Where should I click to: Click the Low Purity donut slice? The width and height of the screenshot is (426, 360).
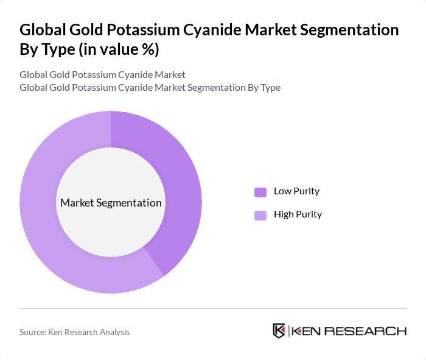point(176,183)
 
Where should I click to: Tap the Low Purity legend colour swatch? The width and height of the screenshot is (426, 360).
point(260,192)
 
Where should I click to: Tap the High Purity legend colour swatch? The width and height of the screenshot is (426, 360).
point(260,215)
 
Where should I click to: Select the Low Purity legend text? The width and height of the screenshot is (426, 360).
point(296,191)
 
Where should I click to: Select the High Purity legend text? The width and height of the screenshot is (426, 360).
point(298,214)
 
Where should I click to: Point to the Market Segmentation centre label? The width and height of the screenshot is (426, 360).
point(111,203)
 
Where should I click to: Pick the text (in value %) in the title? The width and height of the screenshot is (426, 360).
point(119,50)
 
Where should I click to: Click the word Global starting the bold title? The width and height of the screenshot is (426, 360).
point(44,30)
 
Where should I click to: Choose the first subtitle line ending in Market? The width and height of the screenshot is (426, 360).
point(102,75)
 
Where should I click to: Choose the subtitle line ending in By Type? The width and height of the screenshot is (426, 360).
point(150,87)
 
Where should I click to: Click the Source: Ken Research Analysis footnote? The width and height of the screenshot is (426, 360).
point(74,332)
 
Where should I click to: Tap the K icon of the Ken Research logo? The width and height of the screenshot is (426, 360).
point(279,331)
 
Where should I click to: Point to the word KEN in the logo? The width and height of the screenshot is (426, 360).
point(307,331)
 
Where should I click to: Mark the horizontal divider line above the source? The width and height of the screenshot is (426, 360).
point(213,308)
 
